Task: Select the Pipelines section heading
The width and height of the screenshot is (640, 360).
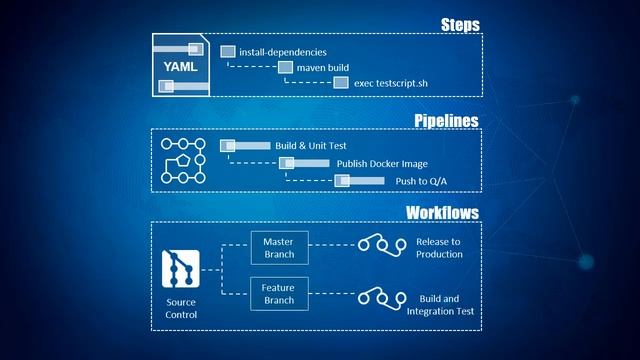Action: pyautogui.click(x=446, y=120)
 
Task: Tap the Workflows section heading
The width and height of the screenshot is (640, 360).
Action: pyautogui.click(x=441, y=212)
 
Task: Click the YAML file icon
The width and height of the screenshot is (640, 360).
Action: pyautogui.click(x=181, y=65)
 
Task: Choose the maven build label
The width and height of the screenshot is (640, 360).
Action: pyautogui.click(x=323, y=67)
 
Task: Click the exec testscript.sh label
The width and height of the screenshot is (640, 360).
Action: pyautogui.click(x=398, y=83)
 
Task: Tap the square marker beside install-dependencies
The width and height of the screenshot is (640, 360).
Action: pyautogui.click(x=228, y=51)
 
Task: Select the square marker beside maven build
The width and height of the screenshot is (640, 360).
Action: pyautogui.click(x=286, y=67)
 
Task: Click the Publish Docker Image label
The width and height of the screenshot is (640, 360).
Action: pyautogui.click(x=366, y=163)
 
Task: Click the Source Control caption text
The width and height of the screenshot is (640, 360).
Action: pyautogui.click(x=182, y=307)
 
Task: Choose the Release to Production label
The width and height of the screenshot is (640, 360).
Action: pyautogui.click(x=439, y=247)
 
